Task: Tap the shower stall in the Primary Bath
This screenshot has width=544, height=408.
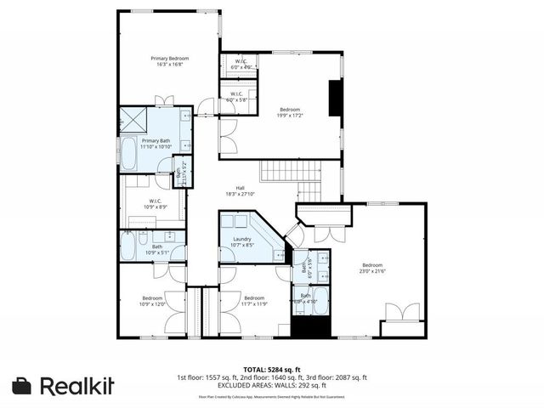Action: click(135, 118)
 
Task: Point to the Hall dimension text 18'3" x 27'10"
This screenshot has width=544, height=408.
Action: click(241, 194)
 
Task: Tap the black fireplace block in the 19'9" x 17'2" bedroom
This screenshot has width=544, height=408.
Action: click(335, 98)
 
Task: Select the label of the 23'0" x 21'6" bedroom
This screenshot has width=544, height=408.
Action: click(372, 268)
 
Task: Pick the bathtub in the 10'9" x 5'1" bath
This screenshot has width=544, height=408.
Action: click(128, 247)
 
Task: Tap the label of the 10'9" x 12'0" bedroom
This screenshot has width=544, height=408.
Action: click(152, 301)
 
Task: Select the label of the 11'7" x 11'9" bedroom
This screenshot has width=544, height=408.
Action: click(255, 301)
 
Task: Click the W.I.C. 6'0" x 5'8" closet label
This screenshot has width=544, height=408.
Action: click(235, 97)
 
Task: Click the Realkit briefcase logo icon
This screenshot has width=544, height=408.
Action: click(23, 385)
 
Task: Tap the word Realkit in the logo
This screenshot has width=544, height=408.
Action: click(76, 385)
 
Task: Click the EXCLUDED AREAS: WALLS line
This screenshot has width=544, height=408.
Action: click(271, 384)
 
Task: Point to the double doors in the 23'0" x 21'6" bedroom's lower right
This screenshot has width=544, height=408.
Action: click(402, 313)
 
